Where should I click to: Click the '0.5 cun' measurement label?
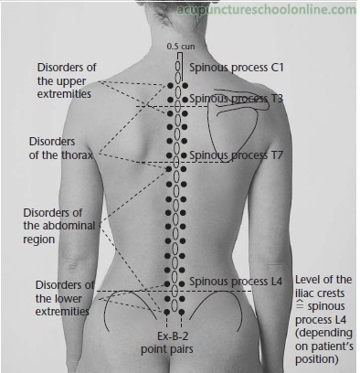181,47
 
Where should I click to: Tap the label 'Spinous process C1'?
237,68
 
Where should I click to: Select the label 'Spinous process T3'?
237,99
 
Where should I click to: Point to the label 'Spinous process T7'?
237,155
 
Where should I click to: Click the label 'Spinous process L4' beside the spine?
236,282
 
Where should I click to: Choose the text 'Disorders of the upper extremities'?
67,80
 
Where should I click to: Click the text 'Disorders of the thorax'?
61,148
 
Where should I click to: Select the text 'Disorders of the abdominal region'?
59,226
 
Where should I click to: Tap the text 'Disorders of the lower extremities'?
65,298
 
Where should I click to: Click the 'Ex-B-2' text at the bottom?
173,336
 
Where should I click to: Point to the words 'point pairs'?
167,349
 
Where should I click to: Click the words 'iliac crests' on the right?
320,293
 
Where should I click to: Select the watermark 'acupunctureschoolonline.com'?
266,10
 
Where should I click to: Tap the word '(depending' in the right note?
323,333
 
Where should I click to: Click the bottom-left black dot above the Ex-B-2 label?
166,312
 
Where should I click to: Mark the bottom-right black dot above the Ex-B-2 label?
182,312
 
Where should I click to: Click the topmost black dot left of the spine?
170,86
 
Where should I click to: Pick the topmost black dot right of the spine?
185,86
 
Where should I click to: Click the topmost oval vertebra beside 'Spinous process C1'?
177,67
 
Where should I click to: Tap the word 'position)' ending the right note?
317,359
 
